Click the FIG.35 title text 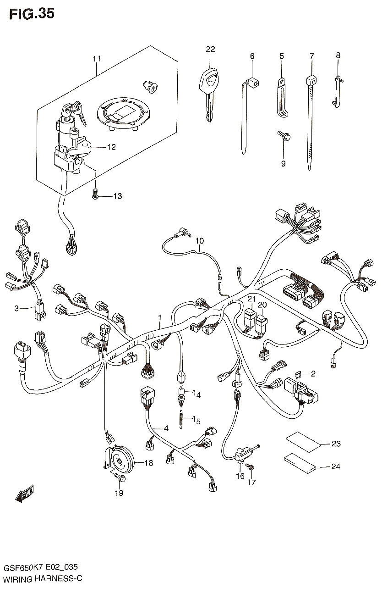tap(32, 14)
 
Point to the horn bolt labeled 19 tap(120, 478)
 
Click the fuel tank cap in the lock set tap(123, 114)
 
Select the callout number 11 tap(97, 58)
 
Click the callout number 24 tap(336, 466)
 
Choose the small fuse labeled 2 tap(297, 374)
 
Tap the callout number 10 tap(200, 241)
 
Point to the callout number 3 tap(16, 308)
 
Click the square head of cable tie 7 tap(312, 80)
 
